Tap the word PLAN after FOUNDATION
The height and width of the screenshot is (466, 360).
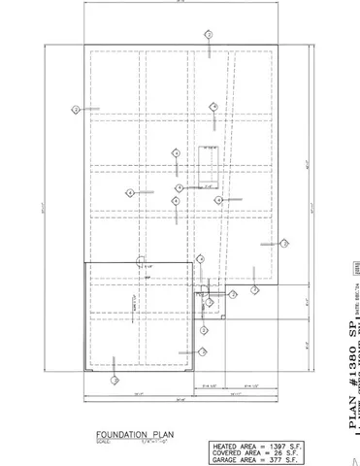click(163, 434)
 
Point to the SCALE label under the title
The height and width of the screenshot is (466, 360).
click(104, 443)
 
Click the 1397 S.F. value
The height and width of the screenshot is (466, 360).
click(285, 446)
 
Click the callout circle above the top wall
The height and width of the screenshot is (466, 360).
click(209, 34)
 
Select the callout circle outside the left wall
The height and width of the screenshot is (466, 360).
click(76, 110)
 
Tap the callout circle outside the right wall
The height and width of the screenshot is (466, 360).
click(284, 244)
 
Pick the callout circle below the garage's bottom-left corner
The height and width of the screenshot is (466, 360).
click(115, 381)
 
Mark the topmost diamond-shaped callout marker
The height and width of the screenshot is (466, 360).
click(213, 107)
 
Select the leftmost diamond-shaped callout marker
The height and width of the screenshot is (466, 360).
click(130, 193)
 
